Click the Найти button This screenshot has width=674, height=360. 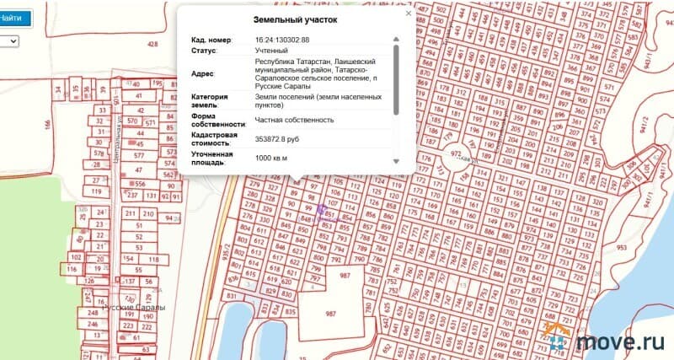pos(13,18)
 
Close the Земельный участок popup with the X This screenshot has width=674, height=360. pos(409,13)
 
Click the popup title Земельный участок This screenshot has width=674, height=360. pos(295,20)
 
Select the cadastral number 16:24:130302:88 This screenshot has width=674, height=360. pos(281,40)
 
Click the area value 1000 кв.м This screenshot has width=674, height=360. pos(270,158)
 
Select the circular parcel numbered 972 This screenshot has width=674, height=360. pos(457,156)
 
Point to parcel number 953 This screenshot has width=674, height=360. pos(645,249)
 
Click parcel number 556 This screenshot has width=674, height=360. pos(140,184)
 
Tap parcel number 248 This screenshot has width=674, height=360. pos(93,312)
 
